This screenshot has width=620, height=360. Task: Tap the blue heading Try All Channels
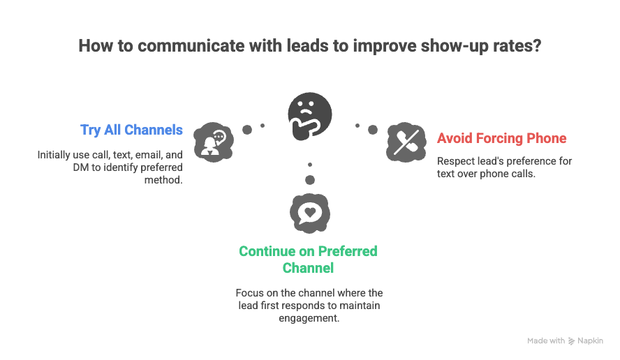tap(131, 130)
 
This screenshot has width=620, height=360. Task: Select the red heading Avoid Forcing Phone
tap(501, 138)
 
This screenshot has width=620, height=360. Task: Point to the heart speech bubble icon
tap(309, 212)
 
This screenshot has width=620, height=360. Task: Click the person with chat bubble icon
tap(212, 142)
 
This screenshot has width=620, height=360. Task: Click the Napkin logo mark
tap(572, 341)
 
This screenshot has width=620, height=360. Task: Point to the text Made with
tap(545, 341)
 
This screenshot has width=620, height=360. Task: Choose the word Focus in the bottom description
tap(250, 293)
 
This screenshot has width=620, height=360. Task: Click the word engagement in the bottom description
tap(309, 318)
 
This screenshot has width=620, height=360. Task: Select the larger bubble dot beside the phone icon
tap(373, 130)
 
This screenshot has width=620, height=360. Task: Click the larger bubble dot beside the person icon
tap(246, 130)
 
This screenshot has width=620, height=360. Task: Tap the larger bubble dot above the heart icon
tap(309, 180)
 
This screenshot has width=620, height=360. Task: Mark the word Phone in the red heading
tap(547, 138)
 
